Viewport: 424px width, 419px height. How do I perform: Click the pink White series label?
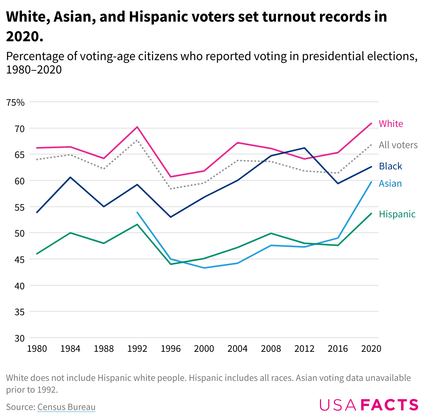pos(391,124)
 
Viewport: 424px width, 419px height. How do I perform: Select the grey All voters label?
pos(398,145)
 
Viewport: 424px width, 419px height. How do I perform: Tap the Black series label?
pos(390,166)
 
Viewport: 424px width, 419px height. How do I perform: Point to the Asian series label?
pos(390,184)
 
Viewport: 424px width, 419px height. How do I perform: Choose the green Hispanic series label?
pos(397,214)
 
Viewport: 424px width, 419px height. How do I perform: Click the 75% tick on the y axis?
pos(15,103)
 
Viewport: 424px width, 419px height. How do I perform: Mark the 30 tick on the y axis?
pos(20,338)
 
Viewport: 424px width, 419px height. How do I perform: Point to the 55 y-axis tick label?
pos(20,207)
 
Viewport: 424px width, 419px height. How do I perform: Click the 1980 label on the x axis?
pos(37,349)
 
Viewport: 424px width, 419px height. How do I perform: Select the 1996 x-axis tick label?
pos(171,349)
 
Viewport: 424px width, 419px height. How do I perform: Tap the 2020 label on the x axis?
pos(371,349)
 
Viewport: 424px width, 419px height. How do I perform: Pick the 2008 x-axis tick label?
pos(271,349)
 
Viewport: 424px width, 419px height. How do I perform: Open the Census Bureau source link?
pos(66,407)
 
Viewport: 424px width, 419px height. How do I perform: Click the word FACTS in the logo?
pos(389,405)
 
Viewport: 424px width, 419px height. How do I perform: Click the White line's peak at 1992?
pos(137,127)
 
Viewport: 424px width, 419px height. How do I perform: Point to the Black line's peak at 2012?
pos(304,148)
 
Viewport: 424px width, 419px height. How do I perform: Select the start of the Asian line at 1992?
pos(137,212)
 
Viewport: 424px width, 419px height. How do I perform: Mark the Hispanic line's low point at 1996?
pos(171,264)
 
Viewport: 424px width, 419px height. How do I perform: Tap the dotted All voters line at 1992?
pos(137,140)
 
